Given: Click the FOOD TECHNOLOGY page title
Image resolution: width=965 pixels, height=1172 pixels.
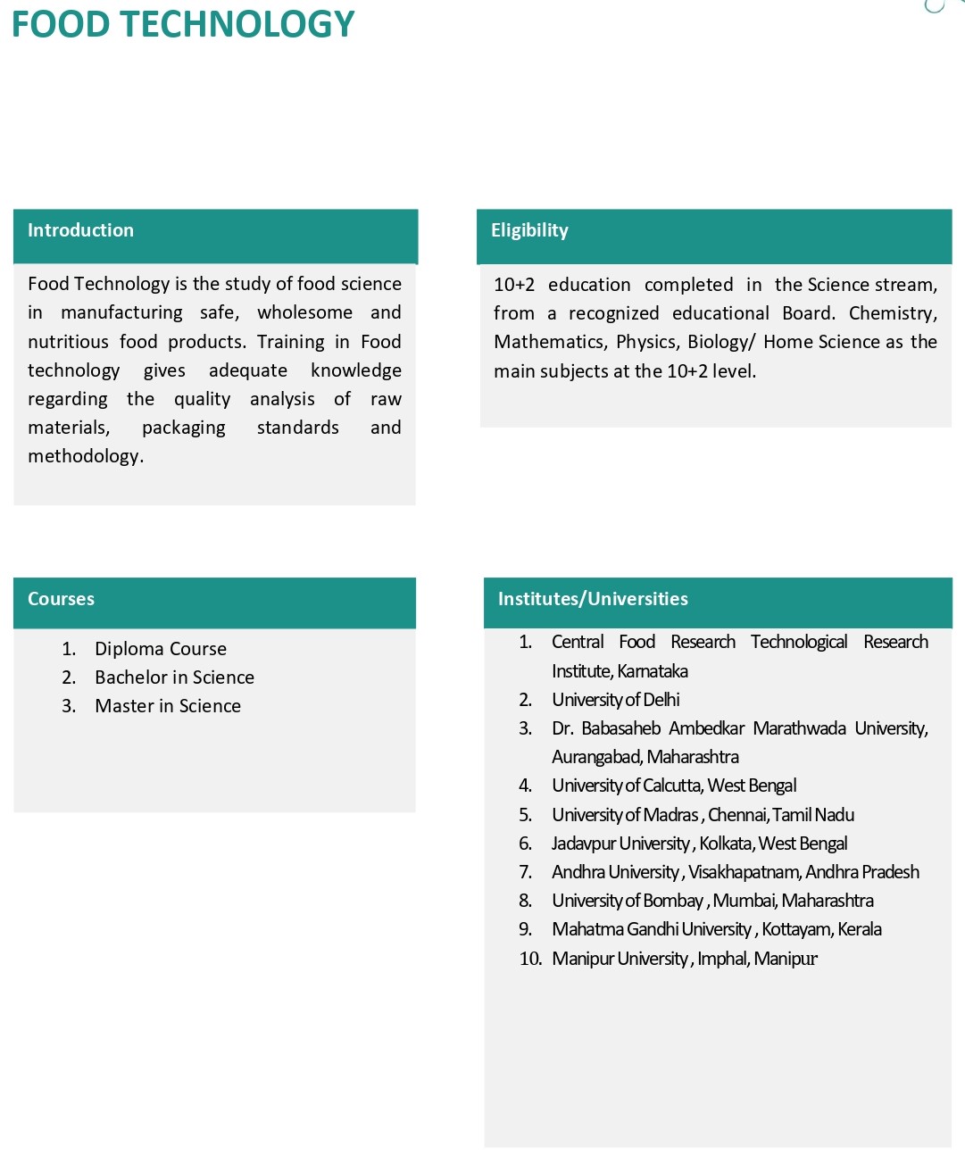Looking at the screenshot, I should pyautogui.click(x=183, y=25).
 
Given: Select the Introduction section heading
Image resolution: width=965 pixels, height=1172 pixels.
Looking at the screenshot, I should pyautogui.click(x=80, y=230).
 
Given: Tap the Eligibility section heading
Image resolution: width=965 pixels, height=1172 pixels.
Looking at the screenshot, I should pyautogui.click(x=529, y=230).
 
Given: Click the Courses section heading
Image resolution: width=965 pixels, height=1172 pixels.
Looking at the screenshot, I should pyautogui.click(x=61, y=599).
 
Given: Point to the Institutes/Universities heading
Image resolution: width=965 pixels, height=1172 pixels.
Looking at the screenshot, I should pyautogui.click(x=593, y=599).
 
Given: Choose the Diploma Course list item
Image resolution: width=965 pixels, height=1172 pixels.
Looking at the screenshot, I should pyautogui.click(x=161, y=649).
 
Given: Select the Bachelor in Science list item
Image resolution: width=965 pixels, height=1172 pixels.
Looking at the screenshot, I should pyautogui.click(x=174, y=677).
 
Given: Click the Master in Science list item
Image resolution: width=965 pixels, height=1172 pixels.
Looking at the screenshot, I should pyautogui.click(x=168, y=706).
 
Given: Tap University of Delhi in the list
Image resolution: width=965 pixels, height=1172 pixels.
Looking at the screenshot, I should pyautogui.click(x=616, y=700).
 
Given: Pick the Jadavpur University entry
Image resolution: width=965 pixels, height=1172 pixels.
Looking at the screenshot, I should pyautogui.click(x=620, y=844).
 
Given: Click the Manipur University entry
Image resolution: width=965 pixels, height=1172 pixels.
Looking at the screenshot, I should pyautogui.click(x=620, y=959).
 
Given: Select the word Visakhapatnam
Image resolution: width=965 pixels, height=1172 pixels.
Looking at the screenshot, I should pyautogui.click(x=744, y=872).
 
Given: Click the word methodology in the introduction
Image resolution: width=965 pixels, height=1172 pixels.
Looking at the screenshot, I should pyautogui.click(x=84, y=456).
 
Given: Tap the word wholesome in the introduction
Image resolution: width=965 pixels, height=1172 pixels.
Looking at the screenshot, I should pyautogui.click(x=304, y=312).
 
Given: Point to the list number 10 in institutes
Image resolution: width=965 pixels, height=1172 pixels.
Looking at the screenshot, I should pyautogui.click(x=530, y=959).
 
